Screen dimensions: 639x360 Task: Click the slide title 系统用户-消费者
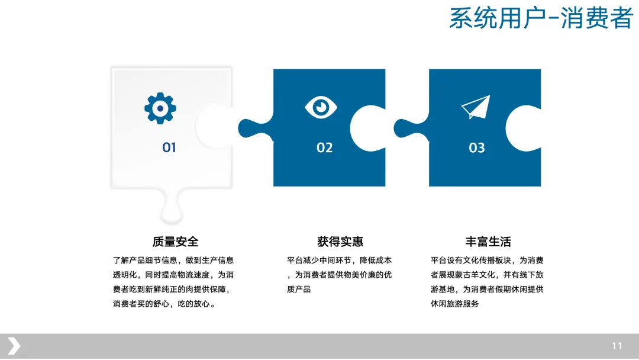click(x=541, y=18)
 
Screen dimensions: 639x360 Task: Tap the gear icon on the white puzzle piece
click(x=160, y=108)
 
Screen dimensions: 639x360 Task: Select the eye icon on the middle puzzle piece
click(x=321, y=107)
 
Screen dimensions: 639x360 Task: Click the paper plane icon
click(x=476, y=107)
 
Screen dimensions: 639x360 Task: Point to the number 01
click(x=169, y=147)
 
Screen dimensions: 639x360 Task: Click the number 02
click(x=325, y=147)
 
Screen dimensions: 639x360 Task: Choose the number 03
click(x=477, y=147)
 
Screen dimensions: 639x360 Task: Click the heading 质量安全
click(x=175, y=242)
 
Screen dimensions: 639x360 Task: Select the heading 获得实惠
click(x=340, y=242)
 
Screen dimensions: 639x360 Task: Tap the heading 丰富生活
click(x=488, y=242)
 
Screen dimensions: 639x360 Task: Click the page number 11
click(x=617, y=346)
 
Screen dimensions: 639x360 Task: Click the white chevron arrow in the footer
click(x=14, y=346)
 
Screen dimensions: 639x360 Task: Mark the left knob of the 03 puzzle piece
click(x=408, y=128)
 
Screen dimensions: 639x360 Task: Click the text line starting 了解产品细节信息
click(x=173, y=260)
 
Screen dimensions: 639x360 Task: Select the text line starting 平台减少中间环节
click(x=339, y=260)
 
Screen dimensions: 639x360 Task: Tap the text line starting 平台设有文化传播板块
click(x=487, y=260)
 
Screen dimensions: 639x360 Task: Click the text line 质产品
click(x=299, y=290)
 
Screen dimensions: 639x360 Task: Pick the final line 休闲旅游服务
click(x=455, y=304)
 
